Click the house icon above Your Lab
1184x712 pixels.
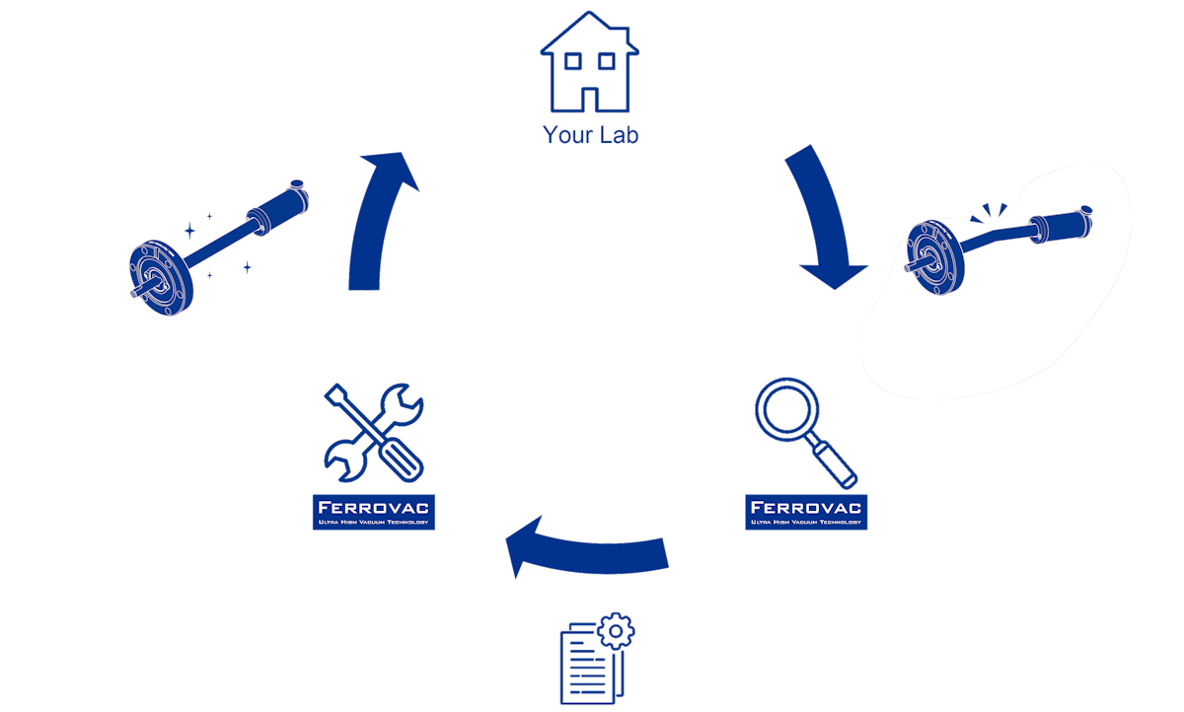(590, 64)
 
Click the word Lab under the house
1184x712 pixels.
(618, 134)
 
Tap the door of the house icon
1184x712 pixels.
(590, 100)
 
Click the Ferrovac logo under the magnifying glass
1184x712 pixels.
(806, 512)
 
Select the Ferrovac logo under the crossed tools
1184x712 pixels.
(374, 512)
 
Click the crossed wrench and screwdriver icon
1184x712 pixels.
(374, 434)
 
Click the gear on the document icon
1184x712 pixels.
(617, 628)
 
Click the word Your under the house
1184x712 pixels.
(565, 134)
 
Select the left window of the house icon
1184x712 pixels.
(571, 61)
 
